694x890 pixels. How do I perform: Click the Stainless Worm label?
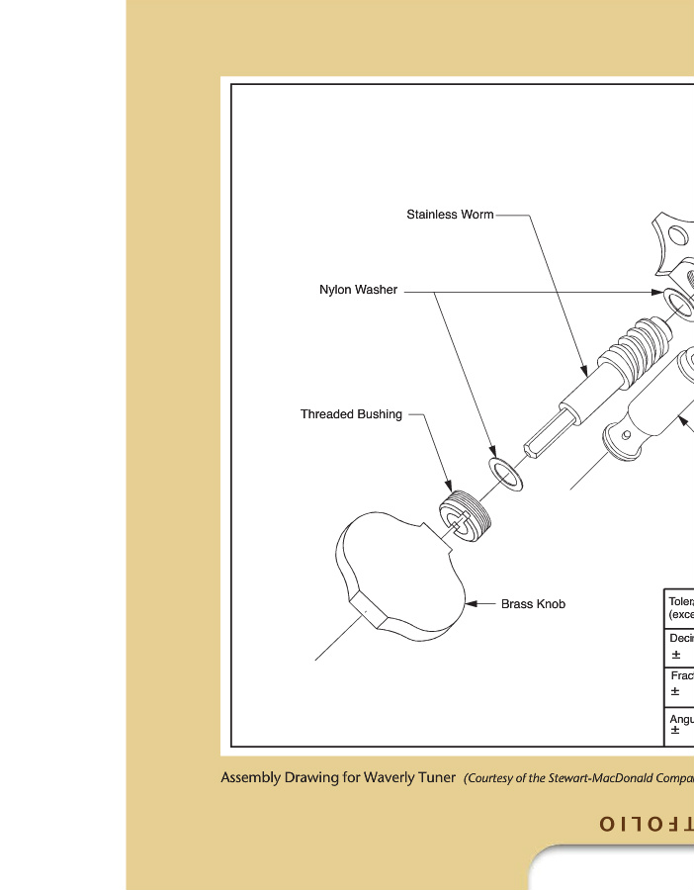click(450, 215)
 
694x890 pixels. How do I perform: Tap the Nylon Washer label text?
click(358, 290)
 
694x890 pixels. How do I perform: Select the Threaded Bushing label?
click(351, 414)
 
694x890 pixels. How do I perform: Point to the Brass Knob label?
click(533, 604)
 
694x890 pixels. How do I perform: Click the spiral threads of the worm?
click(633, 346)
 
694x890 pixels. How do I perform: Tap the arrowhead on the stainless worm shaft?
click(585, 374)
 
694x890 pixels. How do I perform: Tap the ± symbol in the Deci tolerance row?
click(675, 655)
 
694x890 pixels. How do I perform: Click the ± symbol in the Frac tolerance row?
click(675, 691)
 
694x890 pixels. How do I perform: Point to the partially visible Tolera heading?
click(681, 601)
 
